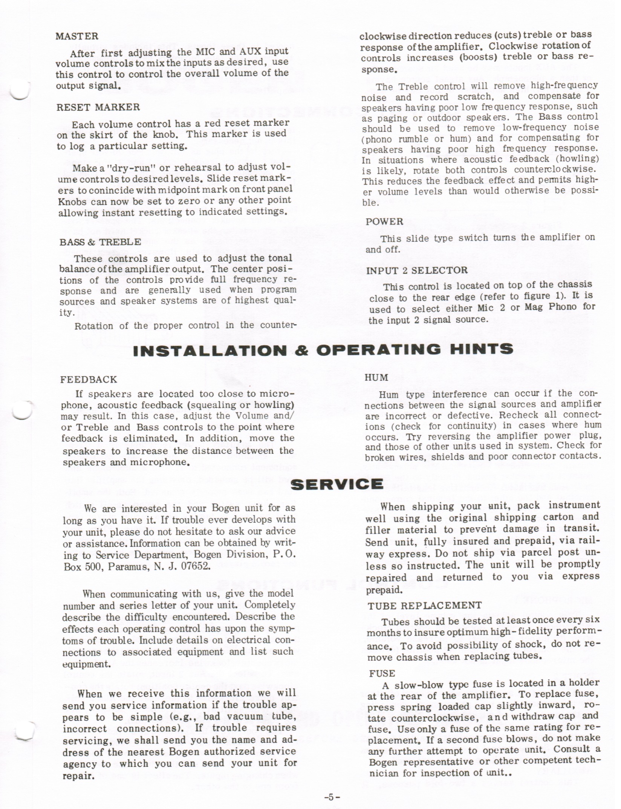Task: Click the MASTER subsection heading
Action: [x=77, y=37]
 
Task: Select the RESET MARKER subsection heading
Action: [x=98, y=107]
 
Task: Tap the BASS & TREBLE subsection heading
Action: [x=100, y=242]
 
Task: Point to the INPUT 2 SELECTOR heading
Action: [x=417, y=270]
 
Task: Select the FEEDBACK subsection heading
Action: [x=89, y=379]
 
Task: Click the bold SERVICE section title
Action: [x=338, y=484]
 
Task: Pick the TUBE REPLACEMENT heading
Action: [x=425, y=605]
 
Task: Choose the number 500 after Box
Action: [x=93, y=566]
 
